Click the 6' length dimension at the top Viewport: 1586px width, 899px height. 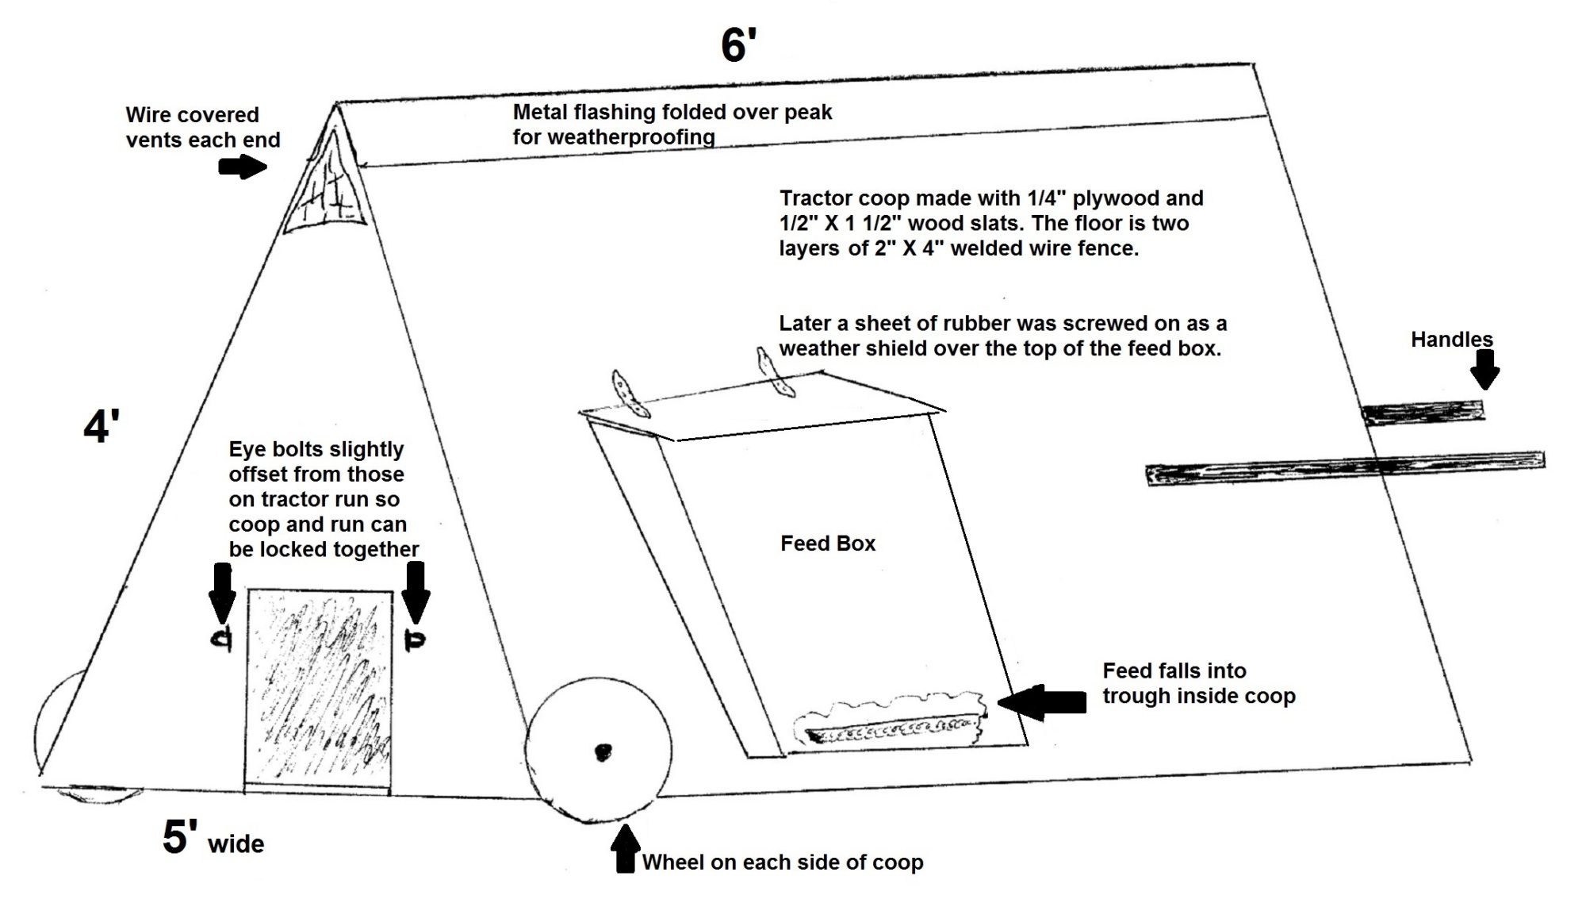(737, 45)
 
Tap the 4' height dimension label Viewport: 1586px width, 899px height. (102, 428)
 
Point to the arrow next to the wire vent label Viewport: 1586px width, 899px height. (243, 167)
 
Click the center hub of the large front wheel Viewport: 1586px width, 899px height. (603, 751)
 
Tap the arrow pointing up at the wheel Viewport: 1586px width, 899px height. (626, 848)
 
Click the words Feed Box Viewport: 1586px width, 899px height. (827, 544)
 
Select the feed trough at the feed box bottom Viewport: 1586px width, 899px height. (892, 728)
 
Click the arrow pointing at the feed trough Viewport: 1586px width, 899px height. (1042, 701)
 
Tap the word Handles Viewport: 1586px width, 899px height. (1451, 340)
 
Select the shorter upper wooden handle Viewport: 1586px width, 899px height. (1423, 413)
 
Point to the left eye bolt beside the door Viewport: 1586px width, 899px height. (221, 639)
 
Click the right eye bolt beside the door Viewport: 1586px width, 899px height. (414, 640)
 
